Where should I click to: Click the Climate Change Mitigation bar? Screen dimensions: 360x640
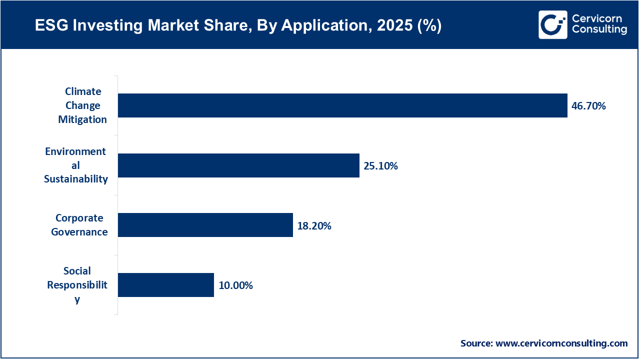(x=342, y=105)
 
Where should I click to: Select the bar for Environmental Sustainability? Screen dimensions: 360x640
(x=238, y=165)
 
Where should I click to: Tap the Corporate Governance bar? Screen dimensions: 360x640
(x=205, y=225)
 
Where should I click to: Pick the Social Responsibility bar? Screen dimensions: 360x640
(x=165, y=285)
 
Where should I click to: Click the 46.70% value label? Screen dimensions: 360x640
(x=588, y=106)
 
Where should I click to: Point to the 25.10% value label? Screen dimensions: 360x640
(x=380, y=166)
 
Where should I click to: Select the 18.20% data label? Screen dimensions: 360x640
(x=314, y=226)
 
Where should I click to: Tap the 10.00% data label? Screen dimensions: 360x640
(x=235, y=286)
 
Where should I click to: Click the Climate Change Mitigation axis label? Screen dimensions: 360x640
(x=82, y=105)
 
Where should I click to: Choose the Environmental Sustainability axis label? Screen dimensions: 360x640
(x=75, y=165)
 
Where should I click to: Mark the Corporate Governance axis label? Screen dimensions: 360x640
(x=79, y=225)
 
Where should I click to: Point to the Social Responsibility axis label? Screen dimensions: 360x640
(x=77, y=285)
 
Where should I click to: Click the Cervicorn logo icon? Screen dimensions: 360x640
(x=552, y=24)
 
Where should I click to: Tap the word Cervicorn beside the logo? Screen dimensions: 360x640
(x=596, y=18)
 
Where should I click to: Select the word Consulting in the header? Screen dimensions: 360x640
(x=599, y=30)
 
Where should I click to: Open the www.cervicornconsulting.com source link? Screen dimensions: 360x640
(x=561, y=343)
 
